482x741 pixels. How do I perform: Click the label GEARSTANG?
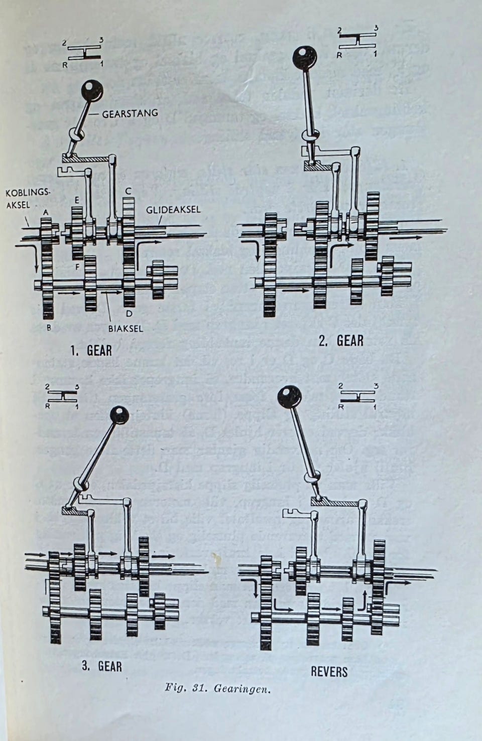point(130,113)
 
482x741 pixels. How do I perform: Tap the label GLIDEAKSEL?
point(173,209)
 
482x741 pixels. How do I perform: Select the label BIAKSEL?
point(126,329)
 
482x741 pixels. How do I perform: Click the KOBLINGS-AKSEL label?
point(22,199)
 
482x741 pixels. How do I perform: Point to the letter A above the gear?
point(46,213)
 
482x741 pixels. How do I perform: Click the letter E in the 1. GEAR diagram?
point(76,200)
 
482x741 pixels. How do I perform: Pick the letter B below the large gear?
point(49,328)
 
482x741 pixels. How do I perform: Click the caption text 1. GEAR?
point(91,350)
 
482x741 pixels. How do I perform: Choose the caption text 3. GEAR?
point(102,666)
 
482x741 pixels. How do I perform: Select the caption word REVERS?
point(329,671)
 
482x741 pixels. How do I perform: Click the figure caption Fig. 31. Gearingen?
point(218,688)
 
